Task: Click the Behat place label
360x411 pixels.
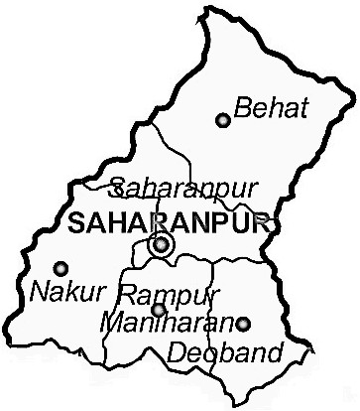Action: (267, 104)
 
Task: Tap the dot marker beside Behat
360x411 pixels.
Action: (222, 120)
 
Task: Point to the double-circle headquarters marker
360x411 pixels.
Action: (159, 244)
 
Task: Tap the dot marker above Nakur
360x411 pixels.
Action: (60, 267)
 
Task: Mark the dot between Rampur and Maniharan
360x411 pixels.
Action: (158, 310)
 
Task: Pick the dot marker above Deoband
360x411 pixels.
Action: (244, 323)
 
